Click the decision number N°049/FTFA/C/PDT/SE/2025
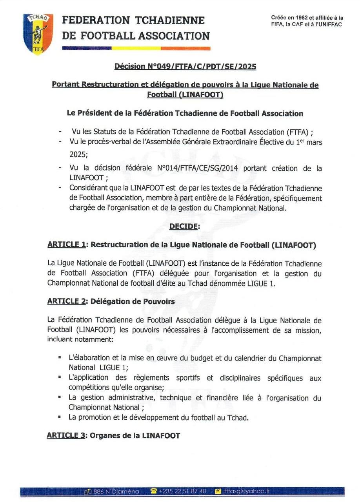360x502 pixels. pyautogui.click(x=185, y=67)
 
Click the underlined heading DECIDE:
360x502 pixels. pyautogui.click(x=184, y=227)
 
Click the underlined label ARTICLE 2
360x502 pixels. pyautogui.click(x=67, y=301)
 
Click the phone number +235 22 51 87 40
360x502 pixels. pyautogui.click(x=183, y=491)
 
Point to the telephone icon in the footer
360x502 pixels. pyautogui.click(x=154, y=491)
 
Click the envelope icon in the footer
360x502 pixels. pyautogui.click(x=218, y=491)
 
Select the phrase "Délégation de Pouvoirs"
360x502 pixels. pyautogui.click(x=133, y=301)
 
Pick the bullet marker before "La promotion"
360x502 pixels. pyautogui.click(x=59, y=417)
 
